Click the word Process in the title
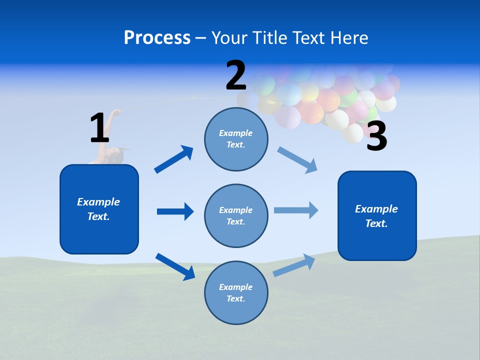point(157,37)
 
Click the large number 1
point(99,128)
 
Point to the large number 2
point(236,75)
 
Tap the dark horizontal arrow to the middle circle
point(175,211)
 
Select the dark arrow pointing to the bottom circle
point(175,266)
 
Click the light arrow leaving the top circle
point(297,159)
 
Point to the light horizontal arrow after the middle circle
point(296,210)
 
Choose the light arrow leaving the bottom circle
point(294,265)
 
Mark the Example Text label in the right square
point(376,216)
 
